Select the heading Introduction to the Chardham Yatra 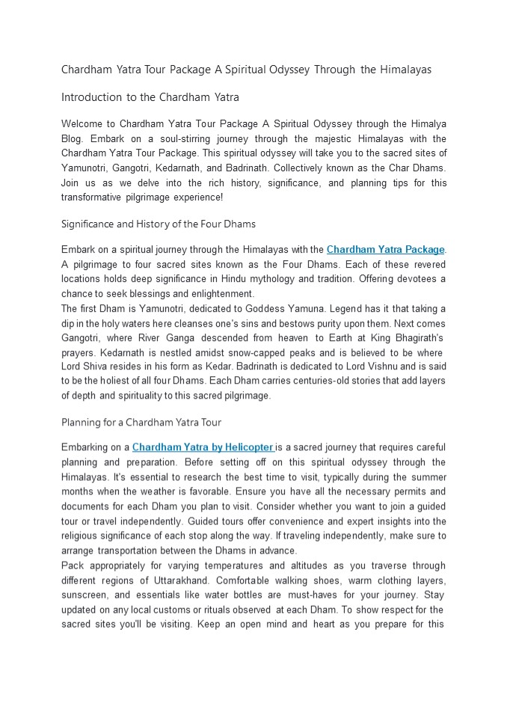click(150, 97)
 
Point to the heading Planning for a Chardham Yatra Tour click(141, 423)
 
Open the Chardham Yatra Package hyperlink click(386, 250)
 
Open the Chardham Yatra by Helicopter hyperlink click(203, 448)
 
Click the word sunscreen click(86, 595)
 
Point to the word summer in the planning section click(428, 476)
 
